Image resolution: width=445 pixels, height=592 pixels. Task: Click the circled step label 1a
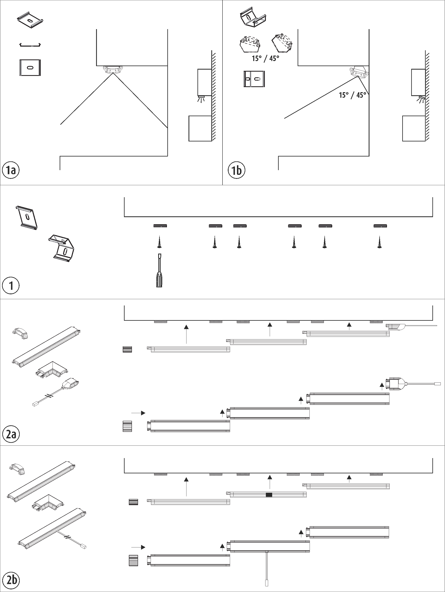pos(11,170)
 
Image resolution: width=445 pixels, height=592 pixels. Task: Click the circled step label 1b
pos(236,170)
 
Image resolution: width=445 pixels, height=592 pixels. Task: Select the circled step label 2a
pos(11,434)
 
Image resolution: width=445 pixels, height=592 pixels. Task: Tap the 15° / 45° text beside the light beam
pos(352,95)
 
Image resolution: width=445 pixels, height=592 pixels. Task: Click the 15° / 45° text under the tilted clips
pos(265,58)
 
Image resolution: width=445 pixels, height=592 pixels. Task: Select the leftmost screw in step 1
pos(160,242)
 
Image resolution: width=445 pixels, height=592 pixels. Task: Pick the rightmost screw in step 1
pos(379,242)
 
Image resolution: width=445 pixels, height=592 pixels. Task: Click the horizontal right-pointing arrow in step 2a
pos(138,413)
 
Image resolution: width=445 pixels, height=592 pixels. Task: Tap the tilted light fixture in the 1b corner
pos(359,72)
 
